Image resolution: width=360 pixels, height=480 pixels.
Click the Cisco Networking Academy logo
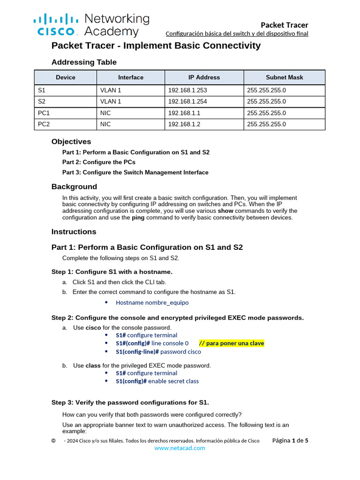(x=91, y=25)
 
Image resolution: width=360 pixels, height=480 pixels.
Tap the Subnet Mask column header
(x=284, y=77)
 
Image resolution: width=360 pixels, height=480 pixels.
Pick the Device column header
(x=65, y=77)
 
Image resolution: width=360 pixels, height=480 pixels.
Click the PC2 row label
(x=44, y=124)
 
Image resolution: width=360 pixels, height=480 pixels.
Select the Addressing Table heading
(x=84, y=62)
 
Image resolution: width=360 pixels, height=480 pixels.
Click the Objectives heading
(x=71, y=142)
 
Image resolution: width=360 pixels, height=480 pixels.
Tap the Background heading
(x=74, y=187)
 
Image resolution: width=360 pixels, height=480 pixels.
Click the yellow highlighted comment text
(x=232, y=343)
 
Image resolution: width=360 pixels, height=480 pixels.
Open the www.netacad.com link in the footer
(x=180, y=448)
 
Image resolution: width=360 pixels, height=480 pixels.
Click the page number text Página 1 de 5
(x=290, y=441)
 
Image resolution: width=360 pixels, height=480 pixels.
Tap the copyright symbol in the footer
(x=53, y=441)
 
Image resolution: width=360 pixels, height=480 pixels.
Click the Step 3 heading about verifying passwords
(x=130, y=403)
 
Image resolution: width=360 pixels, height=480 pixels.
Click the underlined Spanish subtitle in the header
(x=237, y=34)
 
